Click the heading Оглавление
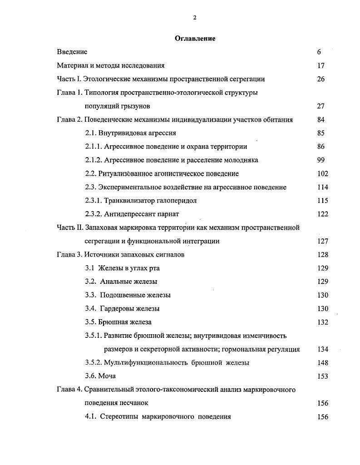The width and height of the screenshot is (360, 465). [195, 39]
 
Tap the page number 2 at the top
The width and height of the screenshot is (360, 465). [195, 18]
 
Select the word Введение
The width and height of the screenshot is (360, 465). [72, 52]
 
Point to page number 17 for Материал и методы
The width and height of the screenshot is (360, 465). [321, 65]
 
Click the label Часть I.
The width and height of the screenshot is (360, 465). [69, 79]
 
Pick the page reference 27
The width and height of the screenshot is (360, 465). [321, 106]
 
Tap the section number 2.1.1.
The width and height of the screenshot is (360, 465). [94, 147]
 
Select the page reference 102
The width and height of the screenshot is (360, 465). [323, 173]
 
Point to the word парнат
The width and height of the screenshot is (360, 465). [168, 214]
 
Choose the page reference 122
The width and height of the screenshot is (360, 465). [323, 214]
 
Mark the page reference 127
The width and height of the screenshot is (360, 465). [323, 242]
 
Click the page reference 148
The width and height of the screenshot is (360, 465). [323, 363]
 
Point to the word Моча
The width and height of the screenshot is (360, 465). [107, 376]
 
